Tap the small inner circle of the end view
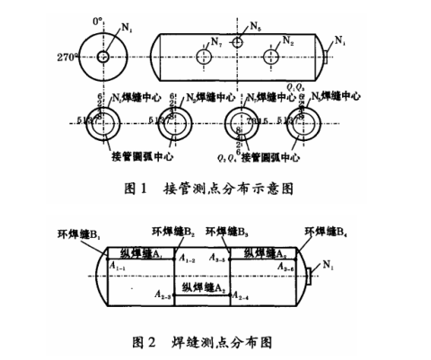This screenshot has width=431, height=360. [103, 57]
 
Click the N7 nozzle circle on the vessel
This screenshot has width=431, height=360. [203, 56]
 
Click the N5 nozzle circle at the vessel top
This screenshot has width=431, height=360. [238, 40]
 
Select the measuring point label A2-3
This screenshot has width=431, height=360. [163, 294]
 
